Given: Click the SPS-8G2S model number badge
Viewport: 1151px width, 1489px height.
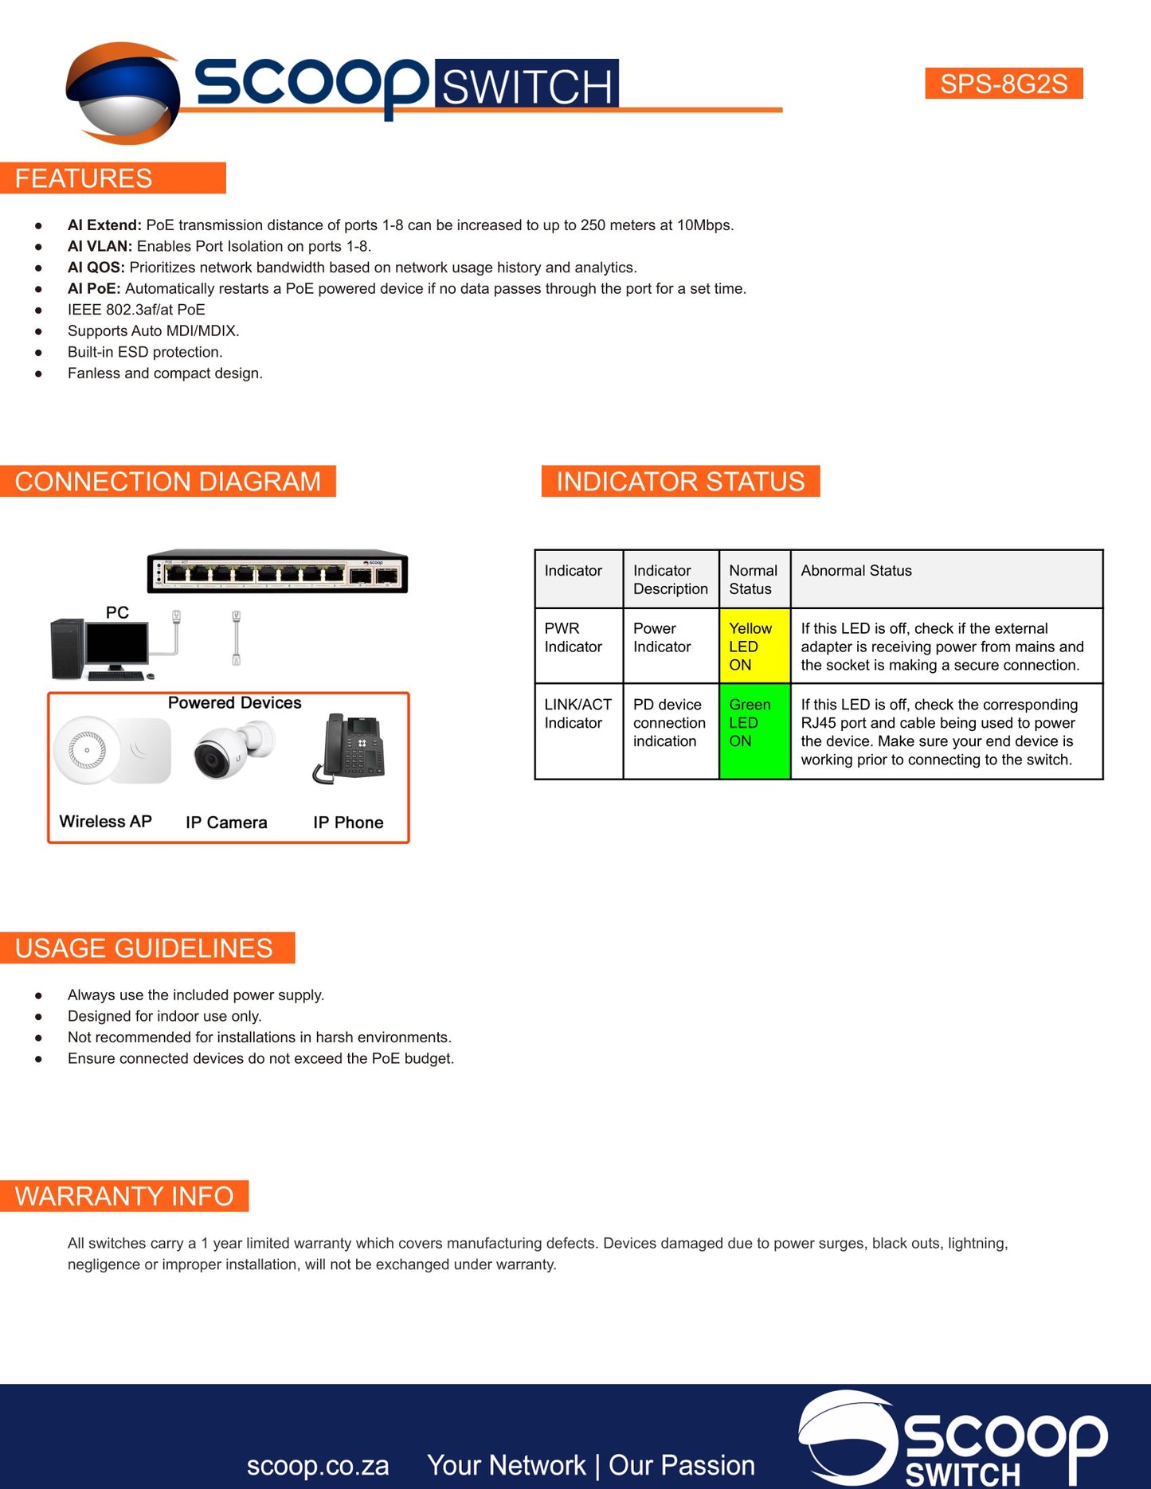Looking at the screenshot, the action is point(1004,84).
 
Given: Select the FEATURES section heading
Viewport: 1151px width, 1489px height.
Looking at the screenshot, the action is point(112,178).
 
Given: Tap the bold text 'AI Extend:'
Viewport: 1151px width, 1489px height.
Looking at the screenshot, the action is point(104,225).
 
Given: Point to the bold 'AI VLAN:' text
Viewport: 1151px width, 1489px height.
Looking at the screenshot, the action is point(100,246).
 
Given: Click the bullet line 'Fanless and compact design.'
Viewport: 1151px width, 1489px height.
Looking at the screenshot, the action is point(165,373).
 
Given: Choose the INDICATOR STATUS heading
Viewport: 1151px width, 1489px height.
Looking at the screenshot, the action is point(680,481).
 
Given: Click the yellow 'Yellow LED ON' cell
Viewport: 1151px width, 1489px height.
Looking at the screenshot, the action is point(754,646).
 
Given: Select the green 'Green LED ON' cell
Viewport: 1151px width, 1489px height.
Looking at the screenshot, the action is point(754,731).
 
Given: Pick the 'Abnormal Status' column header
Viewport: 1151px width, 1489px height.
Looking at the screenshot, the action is point(856,571).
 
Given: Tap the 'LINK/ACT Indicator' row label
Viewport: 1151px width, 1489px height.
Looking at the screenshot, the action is point(577,713).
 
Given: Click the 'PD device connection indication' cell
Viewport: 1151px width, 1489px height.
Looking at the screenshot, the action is point(669,723).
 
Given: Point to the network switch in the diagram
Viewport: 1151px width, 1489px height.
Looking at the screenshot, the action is point(277,571).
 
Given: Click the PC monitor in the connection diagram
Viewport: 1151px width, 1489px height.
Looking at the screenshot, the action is point(117,647).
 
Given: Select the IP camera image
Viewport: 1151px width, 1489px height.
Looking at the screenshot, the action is point(233,749).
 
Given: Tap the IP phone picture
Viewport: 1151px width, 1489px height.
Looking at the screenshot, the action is point(349,749).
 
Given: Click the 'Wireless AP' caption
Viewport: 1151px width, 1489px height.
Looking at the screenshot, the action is point(105,822).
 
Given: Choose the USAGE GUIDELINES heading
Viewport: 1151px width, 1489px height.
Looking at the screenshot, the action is point(147,948).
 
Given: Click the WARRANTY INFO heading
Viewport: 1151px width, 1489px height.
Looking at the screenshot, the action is point(124,1196).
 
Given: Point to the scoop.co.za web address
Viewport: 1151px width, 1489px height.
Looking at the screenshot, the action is point(318,1466).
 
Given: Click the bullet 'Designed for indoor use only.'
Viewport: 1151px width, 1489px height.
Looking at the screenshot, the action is point(164,1016).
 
